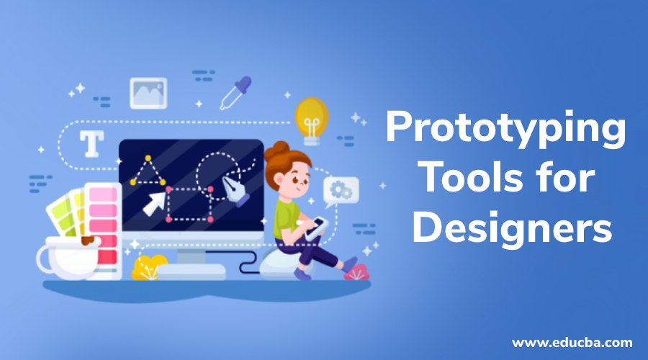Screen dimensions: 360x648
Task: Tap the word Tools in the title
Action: click(467, 179)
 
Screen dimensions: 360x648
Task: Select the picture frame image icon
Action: click(148, 93)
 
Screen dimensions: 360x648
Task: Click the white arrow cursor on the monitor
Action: click(153, 202)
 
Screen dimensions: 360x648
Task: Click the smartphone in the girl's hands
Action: click(315, 228)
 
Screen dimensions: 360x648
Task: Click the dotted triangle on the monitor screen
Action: click(146, 173)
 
